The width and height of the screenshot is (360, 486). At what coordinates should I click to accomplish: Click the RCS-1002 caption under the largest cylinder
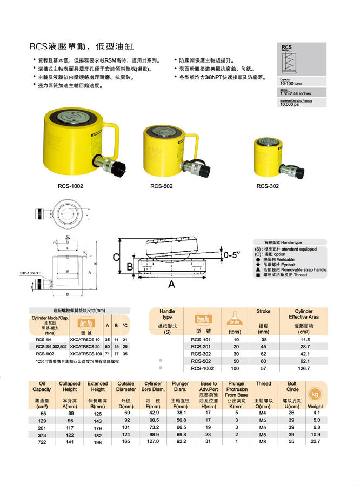click(70, 186)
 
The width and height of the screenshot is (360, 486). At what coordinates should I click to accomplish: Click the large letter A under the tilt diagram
click(171, 283)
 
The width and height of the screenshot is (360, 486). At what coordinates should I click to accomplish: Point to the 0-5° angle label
click(232, 253)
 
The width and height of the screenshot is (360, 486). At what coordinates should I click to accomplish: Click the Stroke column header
click(263, 311)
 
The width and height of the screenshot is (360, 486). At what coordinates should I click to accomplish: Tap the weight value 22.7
click(315, 441)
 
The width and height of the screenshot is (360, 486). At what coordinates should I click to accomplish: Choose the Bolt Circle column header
click(292, 386)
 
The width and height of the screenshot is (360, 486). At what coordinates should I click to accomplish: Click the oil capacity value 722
click(42, 441)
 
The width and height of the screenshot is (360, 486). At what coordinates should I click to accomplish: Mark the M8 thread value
click(263, 441)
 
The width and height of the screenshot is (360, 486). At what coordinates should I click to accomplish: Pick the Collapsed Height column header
click(70, 386)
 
